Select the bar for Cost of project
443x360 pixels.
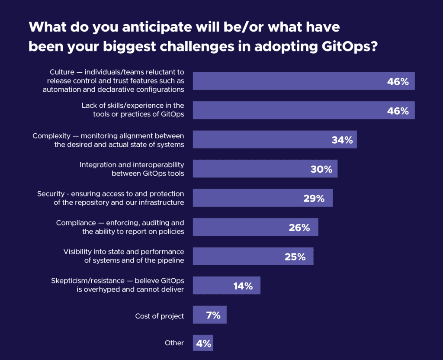tap(209, 315)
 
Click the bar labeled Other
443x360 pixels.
tap(203, 344)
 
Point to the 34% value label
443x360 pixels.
tap(342, 140)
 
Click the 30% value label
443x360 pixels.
tap(321, 169)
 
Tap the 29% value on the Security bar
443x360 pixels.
tap(314, 198)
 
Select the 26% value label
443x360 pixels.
tap(299, 227)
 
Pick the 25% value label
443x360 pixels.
tap(295, 257)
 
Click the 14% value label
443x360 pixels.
tap(242, 286)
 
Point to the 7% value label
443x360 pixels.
tap(213, 315)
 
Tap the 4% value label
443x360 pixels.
tap(203, 344)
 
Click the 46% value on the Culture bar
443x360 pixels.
tap(398, 81)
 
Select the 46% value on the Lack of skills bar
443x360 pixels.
tap(398, 110)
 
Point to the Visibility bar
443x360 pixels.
tap(253, 257)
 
